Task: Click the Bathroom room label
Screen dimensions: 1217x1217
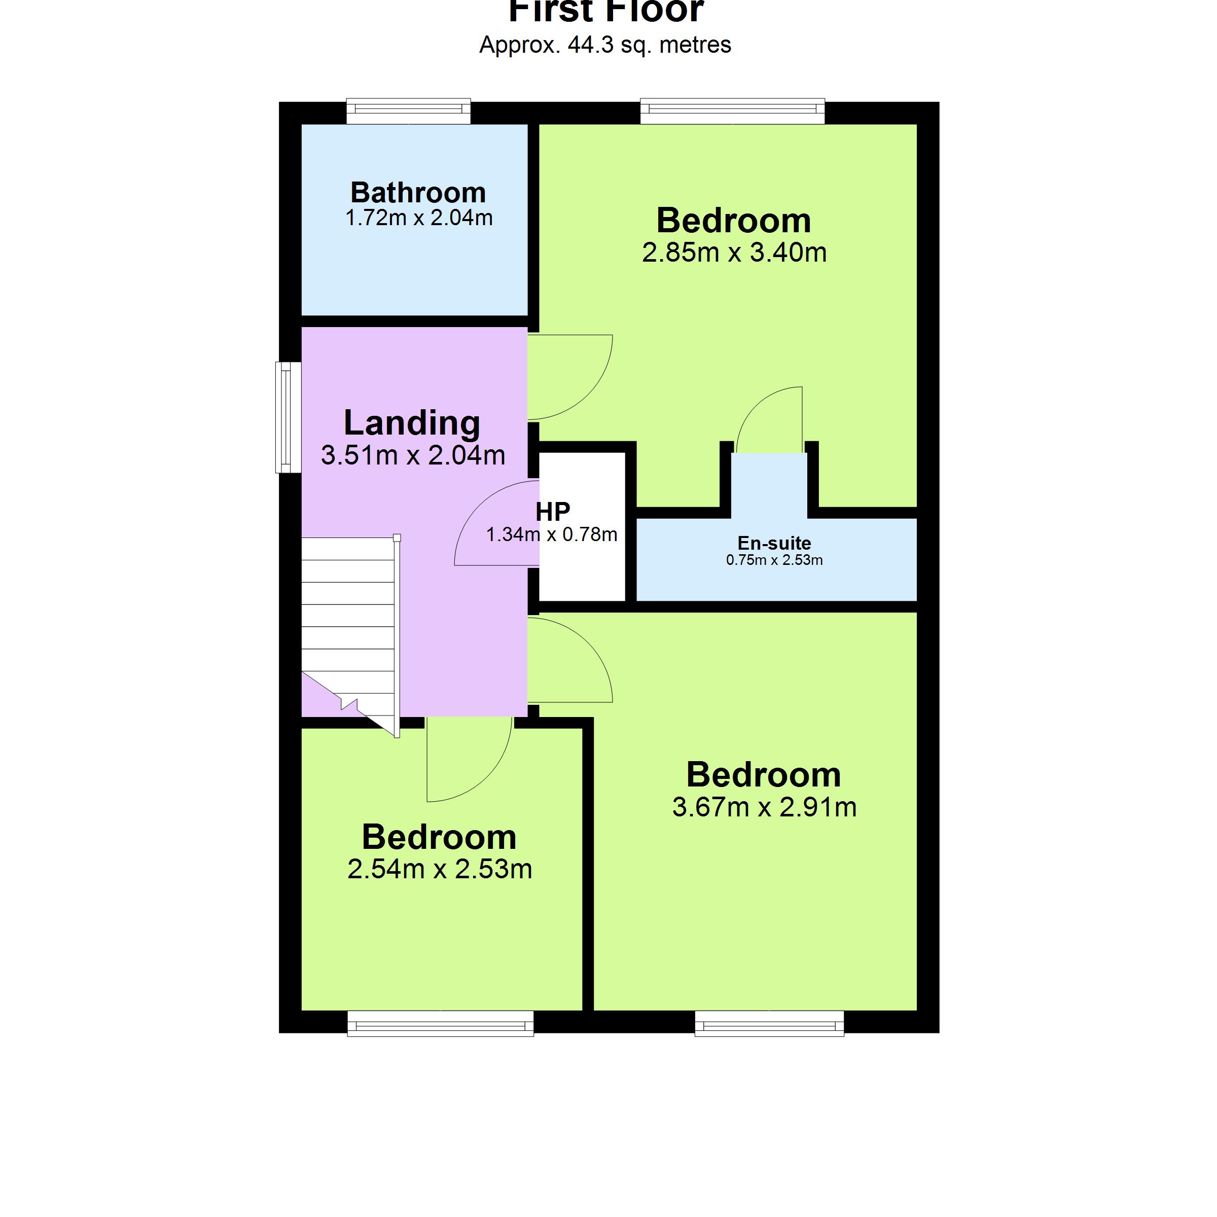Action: tap(418, 192)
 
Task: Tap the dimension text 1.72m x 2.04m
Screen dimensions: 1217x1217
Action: tap(419, 218)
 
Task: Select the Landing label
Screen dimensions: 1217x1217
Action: tap(412, 423)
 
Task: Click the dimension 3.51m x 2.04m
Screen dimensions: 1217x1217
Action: tap(413, 455)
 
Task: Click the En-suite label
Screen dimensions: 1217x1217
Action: tap(774, 543)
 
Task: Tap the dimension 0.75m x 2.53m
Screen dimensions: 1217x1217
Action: tap(774, 560)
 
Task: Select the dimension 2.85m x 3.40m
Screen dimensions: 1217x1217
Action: tap(734, 253)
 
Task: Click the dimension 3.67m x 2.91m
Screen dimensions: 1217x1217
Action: tap(764, 807)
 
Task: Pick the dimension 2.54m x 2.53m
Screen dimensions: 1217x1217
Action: tap(440, 869)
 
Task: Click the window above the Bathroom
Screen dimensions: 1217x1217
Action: tap(408, 112)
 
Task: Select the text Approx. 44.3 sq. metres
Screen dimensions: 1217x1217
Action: tap(605, 45)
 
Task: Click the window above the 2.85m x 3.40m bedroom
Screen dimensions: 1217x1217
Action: tap(732, 112)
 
